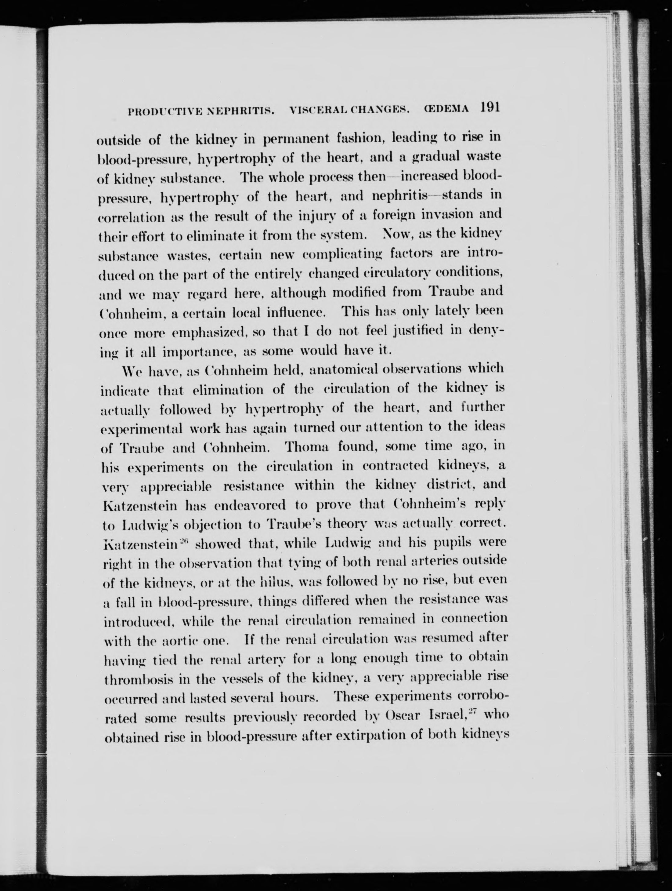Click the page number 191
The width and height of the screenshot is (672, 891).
pyautogui.click(x=489, y=108)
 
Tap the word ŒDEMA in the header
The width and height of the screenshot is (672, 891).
pyautogui.click(x=446, y=110)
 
